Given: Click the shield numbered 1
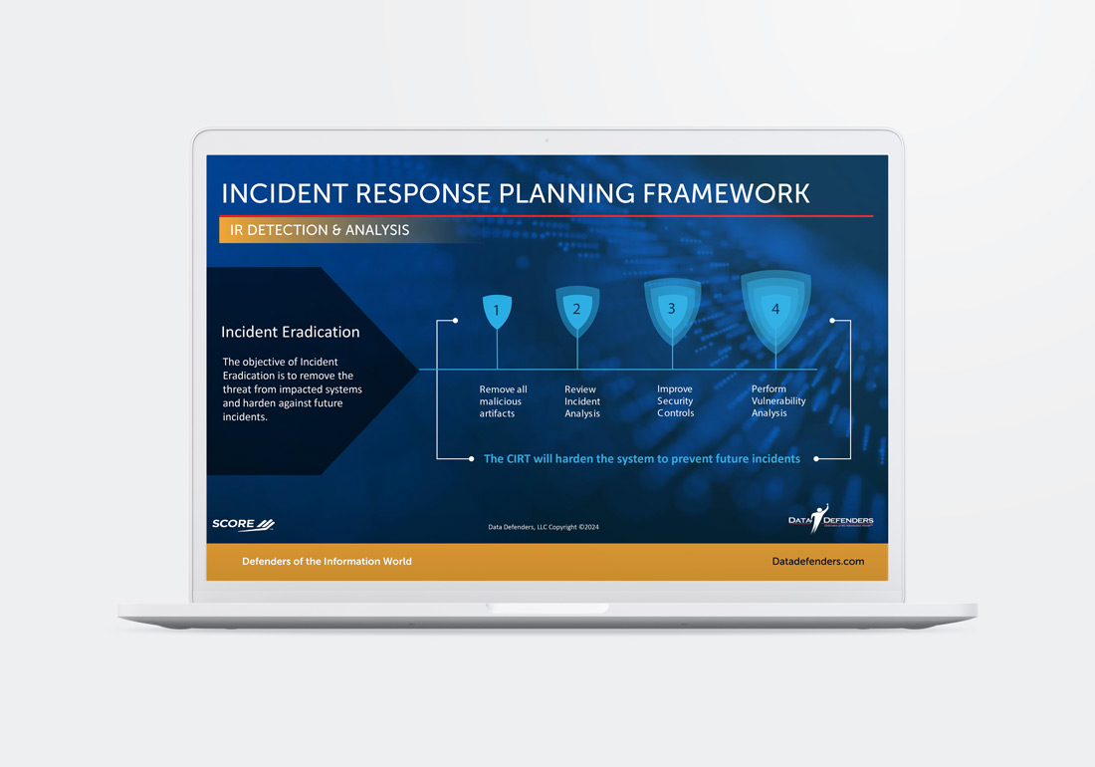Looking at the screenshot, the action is (x=497, y=311).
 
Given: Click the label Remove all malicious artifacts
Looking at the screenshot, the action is (x=503, y=401).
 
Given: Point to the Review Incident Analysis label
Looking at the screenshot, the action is (x=582, y=401).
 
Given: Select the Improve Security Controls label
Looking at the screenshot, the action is (x=675, y=401).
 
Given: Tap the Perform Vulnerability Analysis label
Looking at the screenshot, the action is (x=778, y=401).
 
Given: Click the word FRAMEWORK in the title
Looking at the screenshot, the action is (x=727, y=193).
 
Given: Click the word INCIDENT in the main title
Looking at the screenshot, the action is (x=286, y=193).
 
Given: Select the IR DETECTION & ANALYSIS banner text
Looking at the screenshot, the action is (x=320, y=230).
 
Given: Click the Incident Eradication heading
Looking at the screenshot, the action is (x=291, y=332).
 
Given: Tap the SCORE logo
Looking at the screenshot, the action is (x=243, y=524).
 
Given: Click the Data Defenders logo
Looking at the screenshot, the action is (x=830, y=519).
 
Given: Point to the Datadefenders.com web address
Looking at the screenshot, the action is (x=817, y=561).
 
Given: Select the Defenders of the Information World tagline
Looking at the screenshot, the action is (x=327, y=561).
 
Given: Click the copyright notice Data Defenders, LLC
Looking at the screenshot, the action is (x=544, y=527).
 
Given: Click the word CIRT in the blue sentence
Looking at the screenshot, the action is (x=519, y=459).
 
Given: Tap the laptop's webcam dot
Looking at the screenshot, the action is (x=547, y=140).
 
